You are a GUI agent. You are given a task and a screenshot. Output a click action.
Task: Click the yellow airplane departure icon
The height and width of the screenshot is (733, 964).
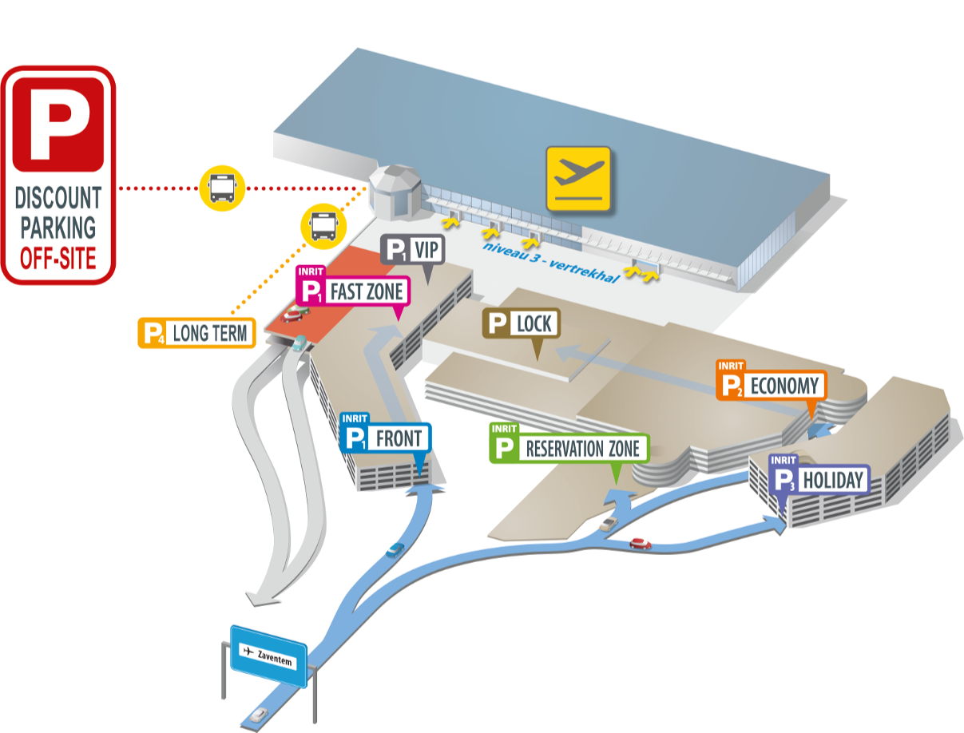point(578,179)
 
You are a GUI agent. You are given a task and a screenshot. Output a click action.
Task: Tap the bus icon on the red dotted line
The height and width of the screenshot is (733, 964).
point(221,188)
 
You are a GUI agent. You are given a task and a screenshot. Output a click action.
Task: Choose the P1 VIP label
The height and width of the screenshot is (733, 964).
point(412,250)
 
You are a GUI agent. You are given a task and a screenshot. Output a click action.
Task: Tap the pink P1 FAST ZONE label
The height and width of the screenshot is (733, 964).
point(352,289)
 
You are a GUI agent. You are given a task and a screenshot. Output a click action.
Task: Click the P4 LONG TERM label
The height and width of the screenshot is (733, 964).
point(196,333)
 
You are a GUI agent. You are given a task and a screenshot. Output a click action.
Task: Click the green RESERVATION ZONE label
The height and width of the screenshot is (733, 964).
point(569,448)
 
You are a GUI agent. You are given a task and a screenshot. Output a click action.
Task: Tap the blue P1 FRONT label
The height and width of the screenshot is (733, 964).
point(385,438)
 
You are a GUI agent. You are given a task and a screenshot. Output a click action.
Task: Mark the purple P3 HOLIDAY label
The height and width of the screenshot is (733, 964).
point(818,480)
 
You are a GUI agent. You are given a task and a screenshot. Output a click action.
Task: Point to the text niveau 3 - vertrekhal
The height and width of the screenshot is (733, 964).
point(551,260)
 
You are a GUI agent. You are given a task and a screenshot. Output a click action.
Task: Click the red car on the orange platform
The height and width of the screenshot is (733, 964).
point(292,314)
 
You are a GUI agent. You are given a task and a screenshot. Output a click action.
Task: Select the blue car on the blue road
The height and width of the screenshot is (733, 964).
point(395,551)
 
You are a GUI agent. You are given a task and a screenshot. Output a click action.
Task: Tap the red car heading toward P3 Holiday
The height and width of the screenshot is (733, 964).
point(640,544)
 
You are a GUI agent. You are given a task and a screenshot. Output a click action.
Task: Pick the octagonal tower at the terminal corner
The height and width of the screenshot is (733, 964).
point(395,191)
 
